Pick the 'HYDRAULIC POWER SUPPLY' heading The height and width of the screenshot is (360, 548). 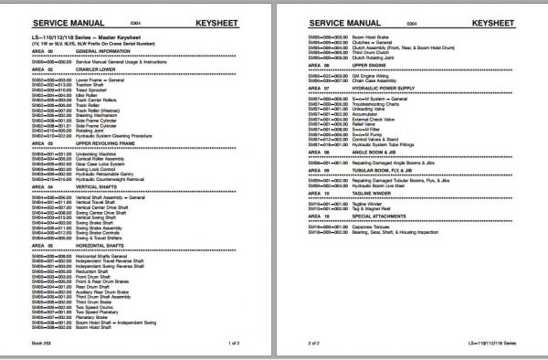click(x=388, y=87)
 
